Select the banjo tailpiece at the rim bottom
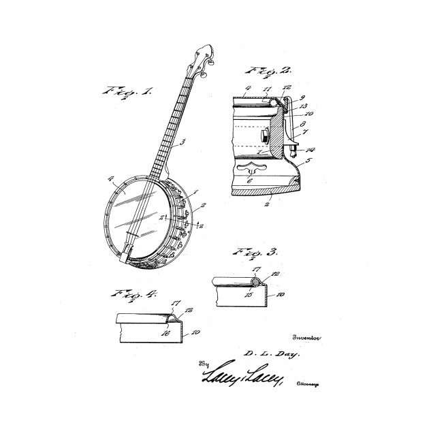(127, 255)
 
